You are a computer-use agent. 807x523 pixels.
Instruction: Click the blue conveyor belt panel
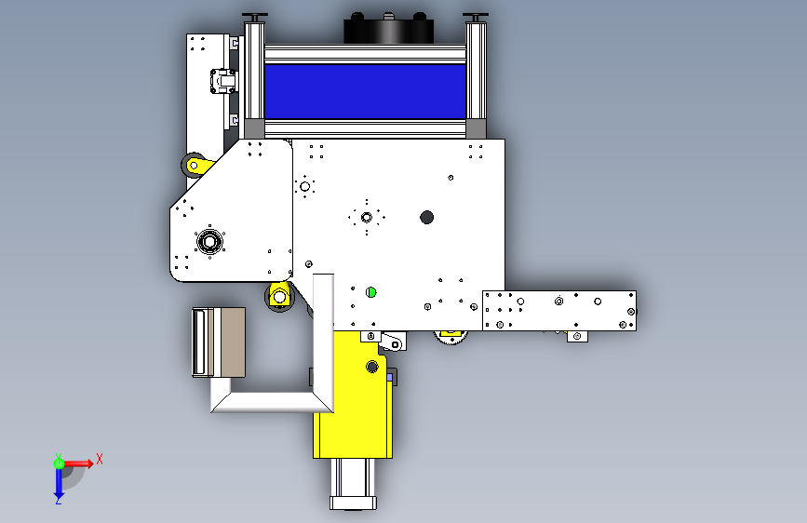click(365, 91)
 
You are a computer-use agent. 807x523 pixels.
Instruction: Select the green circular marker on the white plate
click(370, 292)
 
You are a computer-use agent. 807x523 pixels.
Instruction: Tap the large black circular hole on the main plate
click(426, 217)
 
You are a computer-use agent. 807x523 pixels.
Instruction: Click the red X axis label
click(100, 459)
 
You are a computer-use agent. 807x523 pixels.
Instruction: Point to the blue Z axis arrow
click(59, 484)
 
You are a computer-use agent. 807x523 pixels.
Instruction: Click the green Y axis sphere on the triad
click(59, 463)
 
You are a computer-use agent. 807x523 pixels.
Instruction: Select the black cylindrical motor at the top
click(388, 29)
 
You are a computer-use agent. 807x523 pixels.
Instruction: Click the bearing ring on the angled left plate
click(209, 241)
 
